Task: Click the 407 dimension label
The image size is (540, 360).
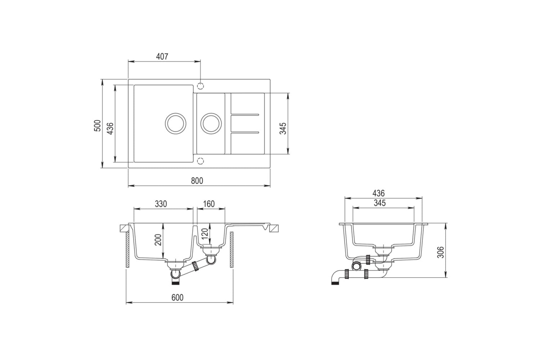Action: pos(162,57)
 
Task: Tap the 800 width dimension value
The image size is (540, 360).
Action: pos(197,181)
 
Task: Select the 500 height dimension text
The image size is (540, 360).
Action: pos(97,125)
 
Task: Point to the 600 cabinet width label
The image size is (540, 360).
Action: pos(177,298)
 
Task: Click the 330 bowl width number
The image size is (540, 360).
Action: pos(161,204)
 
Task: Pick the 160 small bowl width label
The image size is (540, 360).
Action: pos(209,204)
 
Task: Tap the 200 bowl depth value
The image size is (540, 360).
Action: pos(158,240)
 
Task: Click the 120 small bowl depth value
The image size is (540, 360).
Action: pos(204,233)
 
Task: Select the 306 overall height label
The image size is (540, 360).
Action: pos(440,252)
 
